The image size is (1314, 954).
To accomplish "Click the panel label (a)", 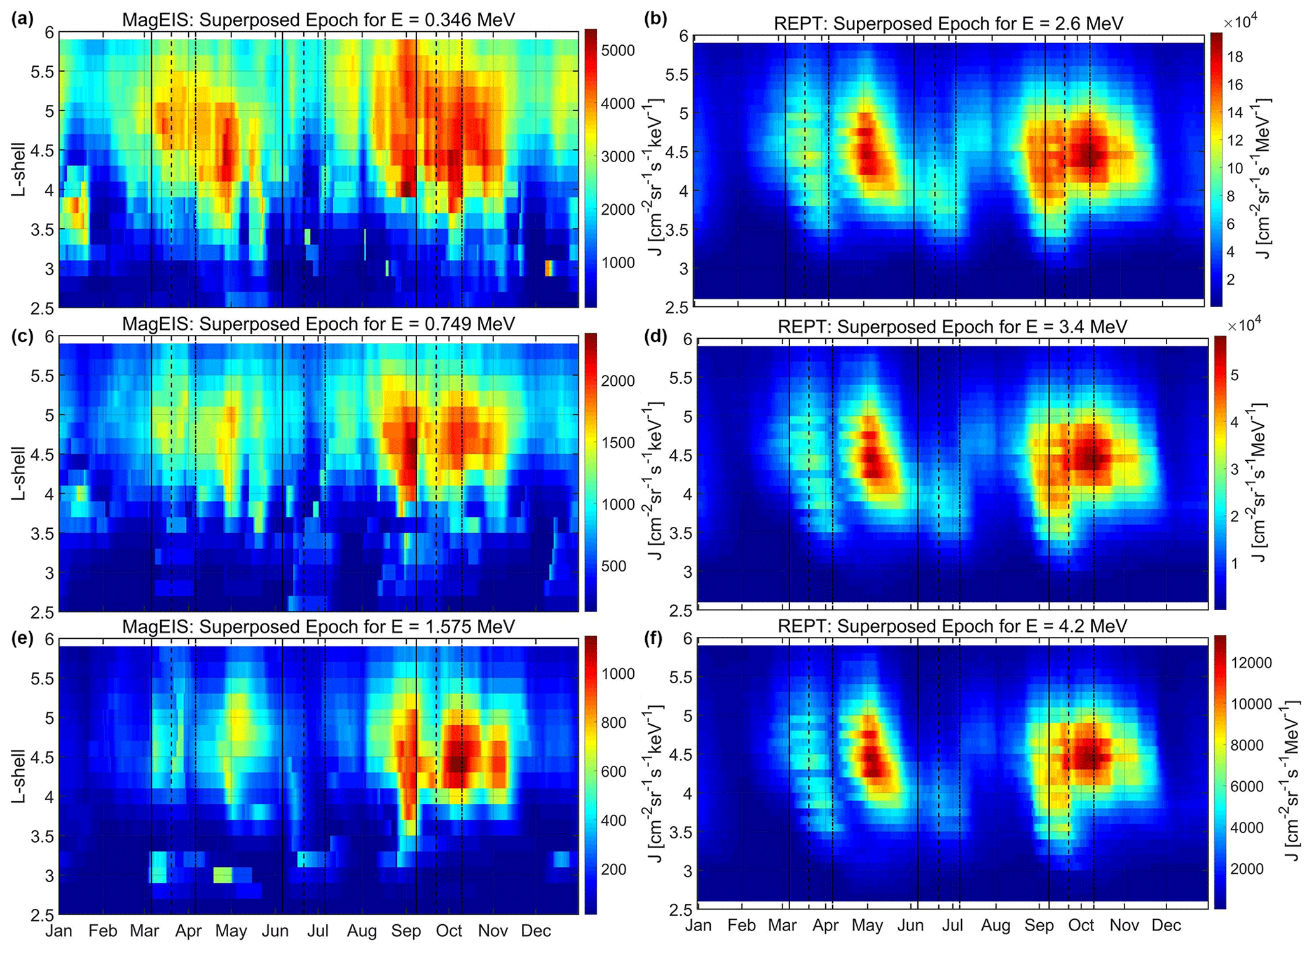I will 22,18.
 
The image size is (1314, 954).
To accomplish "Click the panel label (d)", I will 655,336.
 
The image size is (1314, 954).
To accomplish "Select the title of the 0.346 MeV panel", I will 318,20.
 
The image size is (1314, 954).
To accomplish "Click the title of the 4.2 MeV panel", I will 952,626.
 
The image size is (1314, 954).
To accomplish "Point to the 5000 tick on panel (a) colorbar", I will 618,50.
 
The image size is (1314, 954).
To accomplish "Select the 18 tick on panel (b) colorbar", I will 1235,57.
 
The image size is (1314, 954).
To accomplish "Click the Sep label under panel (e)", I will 406,931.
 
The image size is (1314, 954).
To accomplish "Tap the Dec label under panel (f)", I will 1166,925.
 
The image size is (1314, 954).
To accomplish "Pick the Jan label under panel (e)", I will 58,931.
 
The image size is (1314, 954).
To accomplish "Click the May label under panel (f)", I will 867,925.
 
